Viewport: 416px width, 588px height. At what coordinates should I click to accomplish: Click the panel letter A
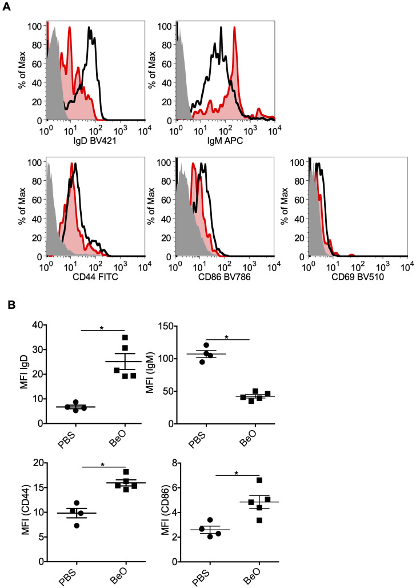pyautogui.click(x=6, y=7)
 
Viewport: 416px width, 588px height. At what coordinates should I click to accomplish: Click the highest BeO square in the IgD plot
pyautogui.click(x=125, y=337)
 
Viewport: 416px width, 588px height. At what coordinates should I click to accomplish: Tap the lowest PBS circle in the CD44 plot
pyautogui.click(x=77, y=525)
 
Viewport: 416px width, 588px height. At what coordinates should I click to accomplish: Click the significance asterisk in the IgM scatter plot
pyautogui.click(x=226, y=337)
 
